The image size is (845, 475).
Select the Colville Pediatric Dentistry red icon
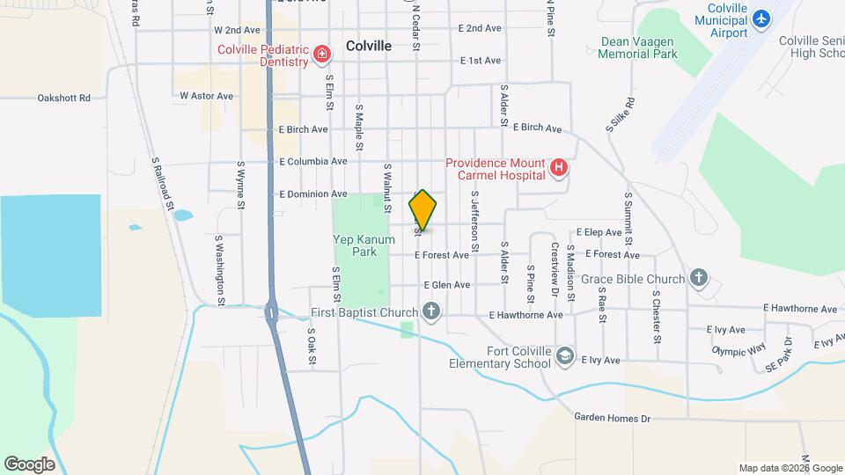click(322, 55)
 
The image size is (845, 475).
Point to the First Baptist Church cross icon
click(431, 311)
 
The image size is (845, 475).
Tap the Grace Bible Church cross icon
click(699, 280)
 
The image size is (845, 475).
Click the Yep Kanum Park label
click(355, 245)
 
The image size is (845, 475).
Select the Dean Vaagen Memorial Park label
click(638, 47)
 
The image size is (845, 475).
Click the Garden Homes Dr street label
click(612, 419)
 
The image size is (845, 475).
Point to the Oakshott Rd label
click(64, 99)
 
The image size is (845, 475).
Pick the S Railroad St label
click(162, 185)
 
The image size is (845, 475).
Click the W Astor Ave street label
click(206, 95)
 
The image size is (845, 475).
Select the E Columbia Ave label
click(313, 162)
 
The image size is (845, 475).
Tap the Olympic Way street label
click(738, 349)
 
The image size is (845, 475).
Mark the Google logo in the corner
click(29, 464)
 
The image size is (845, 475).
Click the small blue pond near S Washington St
click(183, 216)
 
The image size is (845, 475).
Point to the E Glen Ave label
click(447, 285)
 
